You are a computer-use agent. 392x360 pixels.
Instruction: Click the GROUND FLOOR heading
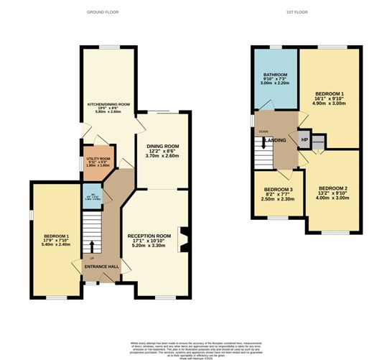click(102, 12)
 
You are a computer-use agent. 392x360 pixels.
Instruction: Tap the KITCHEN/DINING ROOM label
click(108, 104)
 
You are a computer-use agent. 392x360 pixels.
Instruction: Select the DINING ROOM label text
click(162, 146)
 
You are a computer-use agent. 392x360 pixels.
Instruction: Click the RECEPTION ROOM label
click(149, 236)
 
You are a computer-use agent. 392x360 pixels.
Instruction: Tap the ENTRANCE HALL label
click(101, 267)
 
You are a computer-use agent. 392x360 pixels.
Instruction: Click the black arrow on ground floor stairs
click(91, 249)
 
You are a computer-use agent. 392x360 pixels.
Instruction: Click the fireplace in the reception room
click(184, 239)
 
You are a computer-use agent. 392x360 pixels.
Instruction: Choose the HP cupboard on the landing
click(304, 139)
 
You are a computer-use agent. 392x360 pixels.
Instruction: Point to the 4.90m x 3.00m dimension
click(330, 103)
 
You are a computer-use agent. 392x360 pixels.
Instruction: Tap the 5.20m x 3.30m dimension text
click(149, 246)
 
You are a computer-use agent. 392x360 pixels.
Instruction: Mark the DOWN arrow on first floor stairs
click(264, 142)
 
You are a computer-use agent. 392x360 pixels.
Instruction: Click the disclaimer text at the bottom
click(196, 341)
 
